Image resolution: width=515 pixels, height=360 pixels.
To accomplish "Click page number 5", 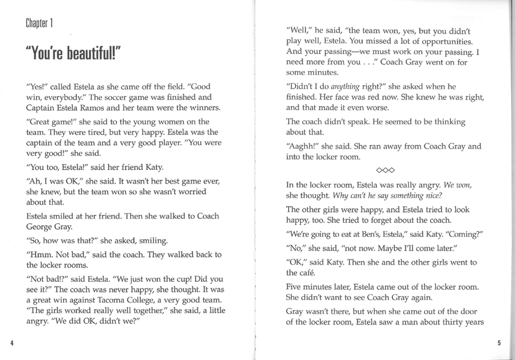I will pyautogui.click(x=499, y=343).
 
